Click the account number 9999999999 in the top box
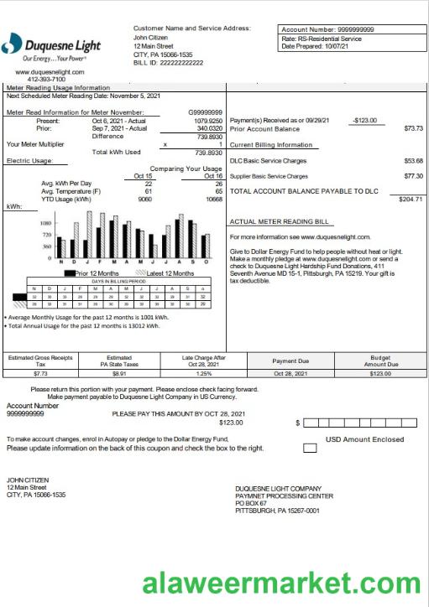click(x=368, y=29)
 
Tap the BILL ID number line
click(x=169, y=63)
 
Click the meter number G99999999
click(x=205, y=112)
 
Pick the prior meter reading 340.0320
click(x=209, y=128)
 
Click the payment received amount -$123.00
click(x=365, y=121)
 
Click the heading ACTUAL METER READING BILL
click(x=280, y=222)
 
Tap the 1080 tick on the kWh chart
click(x=46, y=224)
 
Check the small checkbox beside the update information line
click(x=310, y=449)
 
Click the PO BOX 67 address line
click(x=255, y=503)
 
